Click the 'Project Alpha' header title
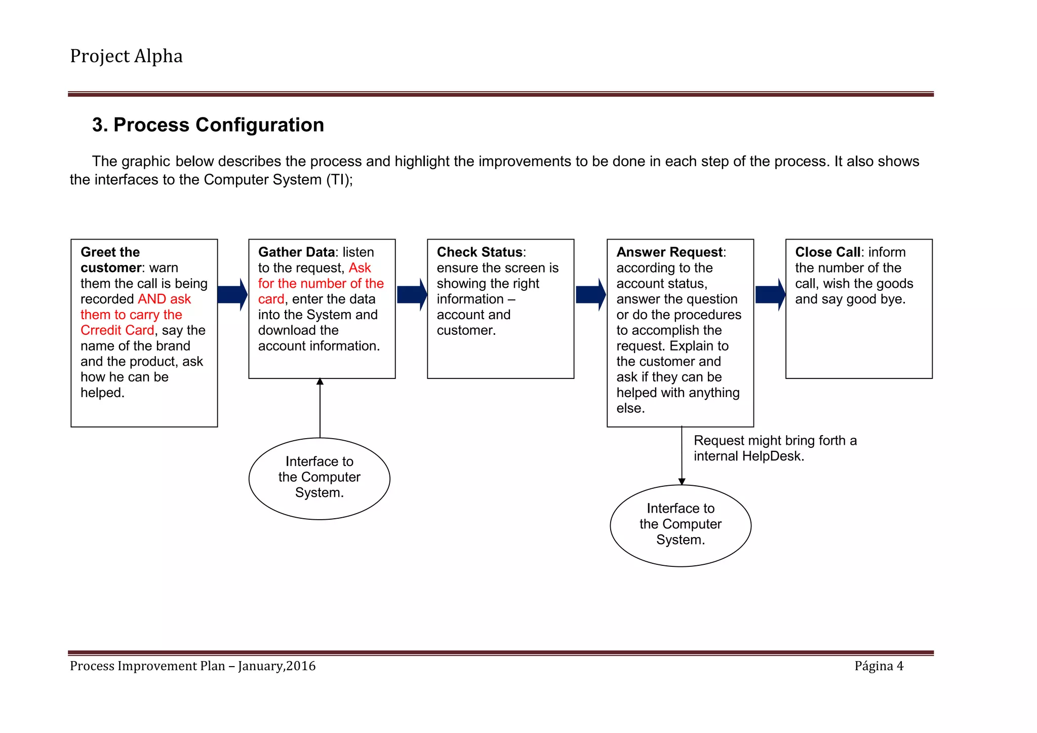[x=126, y=56]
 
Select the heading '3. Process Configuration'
[x=208, y=125]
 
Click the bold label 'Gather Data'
[x=296, y=252]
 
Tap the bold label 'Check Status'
[x=480, y=252]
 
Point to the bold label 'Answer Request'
[x=669, y=252]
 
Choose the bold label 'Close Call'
[x=827, y=252]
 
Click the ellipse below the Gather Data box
[x=320, y=478]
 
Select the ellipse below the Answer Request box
[x=681, y=525]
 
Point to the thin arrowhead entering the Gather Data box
[x=320, y=381]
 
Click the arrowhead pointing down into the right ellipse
[x=682, y=482]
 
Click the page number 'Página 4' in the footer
[x=879, y=666]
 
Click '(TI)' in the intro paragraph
[x=339, y=180]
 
